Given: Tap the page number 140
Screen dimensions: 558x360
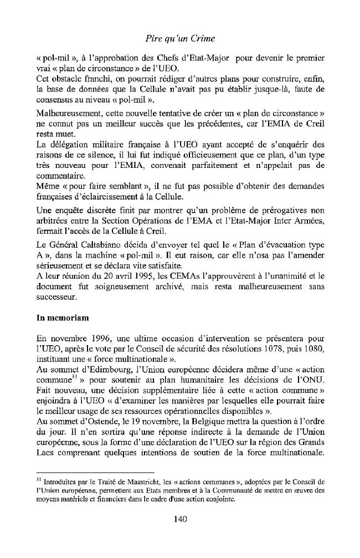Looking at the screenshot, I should point(180,519).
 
